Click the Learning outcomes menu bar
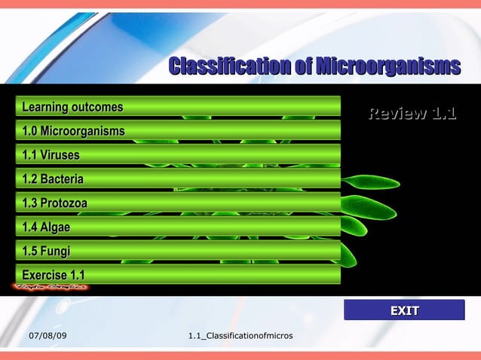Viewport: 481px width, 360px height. tap(178, 107)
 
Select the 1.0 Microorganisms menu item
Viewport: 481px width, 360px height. tap(178, 131)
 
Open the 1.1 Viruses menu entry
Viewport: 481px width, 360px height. tap(178, 155)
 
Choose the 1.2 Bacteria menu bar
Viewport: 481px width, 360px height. tap(178, 179)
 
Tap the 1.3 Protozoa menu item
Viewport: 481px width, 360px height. tap(178, 203)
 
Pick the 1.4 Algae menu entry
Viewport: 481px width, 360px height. tap(178, 227)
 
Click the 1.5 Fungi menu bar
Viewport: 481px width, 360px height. tap(178, 251)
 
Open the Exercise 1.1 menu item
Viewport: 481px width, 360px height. tap(178, 275)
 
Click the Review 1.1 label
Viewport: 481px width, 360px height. tap(412, 114)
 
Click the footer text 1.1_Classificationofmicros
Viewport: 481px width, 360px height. tap(240, 334)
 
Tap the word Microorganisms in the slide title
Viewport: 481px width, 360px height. tap(388, 66)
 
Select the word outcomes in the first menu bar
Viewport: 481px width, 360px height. tap(97, 107)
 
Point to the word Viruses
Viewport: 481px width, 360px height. tap(60, 155)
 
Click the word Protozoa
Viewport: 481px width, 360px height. tap(64, 203)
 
